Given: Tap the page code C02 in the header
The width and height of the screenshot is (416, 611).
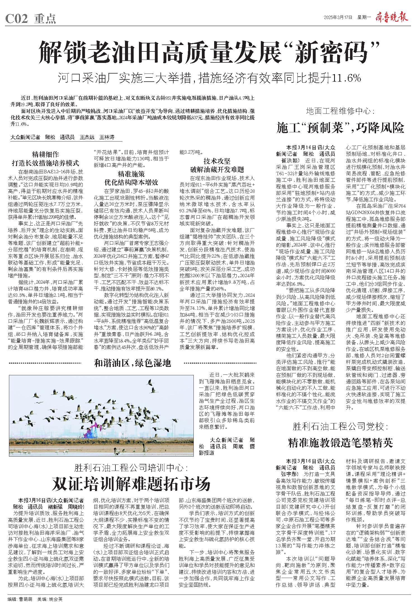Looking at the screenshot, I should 16,19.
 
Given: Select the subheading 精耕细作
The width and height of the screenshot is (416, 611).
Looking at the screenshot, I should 45,154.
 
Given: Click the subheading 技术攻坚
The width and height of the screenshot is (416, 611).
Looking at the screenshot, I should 217,161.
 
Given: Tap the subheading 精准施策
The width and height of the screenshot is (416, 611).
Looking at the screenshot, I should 131,174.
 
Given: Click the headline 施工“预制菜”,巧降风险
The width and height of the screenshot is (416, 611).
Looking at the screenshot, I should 340,128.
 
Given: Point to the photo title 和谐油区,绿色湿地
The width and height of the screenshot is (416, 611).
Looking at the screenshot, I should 133,363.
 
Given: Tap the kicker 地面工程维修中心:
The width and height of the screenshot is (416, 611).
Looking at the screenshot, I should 340,111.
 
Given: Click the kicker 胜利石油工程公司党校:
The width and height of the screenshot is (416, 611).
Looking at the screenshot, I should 340,427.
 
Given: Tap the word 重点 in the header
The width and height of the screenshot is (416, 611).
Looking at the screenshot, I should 45,19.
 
